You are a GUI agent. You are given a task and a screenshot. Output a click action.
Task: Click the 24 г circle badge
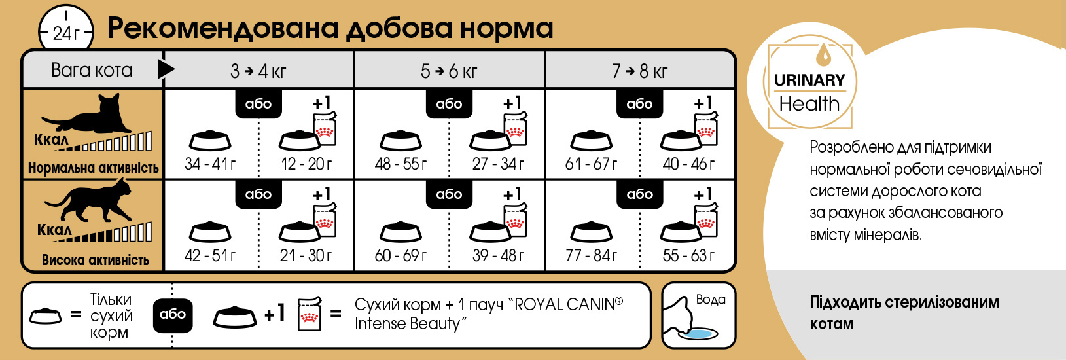[65, 29]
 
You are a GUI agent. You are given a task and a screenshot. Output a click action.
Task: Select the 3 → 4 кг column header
[258, 71]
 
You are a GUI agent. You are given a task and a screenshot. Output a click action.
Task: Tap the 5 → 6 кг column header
[449, 71]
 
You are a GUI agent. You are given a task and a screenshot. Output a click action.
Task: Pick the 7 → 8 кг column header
[639, 71]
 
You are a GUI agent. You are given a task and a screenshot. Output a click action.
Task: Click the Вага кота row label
[92, 71]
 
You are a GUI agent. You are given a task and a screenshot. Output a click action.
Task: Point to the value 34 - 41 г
[210, 164]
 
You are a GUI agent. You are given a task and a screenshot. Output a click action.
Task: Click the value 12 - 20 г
[306, 164]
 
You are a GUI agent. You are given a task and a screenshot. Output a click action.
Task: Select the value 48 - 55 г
[400, 164]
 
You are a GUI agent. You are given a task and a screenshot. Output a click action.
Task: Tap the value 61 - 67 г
[591, 164]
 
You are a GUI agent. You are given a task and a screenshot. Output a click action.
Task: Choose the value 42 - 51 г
[210, 255]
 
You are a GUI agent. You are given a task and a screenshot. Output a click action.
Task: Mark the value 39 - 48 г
[498, 255]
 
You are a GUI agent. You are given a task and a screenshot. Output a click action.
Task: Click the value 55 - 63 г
[688, 255]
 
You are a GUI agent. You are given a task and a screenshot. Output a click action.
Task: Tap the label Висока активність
[95, 260]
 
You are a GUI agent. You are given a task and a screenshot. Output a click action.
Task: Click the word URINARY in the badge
[809, 80]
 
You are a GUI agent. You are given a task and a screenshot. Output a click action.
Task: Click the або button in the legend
[173, 315]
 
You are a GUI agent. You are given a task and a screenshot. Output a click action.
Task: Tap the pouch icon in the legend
[310, 314]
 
